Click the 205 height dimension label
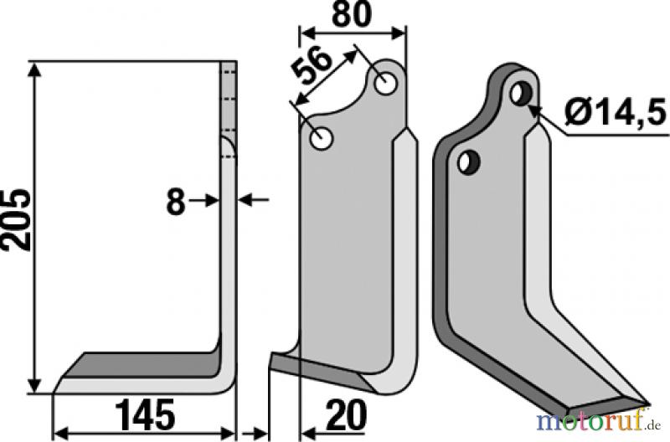[x=16, y=220]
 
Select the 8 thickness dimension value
[x=176, y=202]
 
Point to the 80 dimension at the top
[x=352, y=14]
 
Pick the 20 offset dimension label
[x=346, y=415]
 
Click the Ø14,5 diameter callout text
[x=615, y=111]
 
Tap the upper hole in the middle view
[x=386, y=84]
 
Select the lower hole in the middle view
[x=322, y=139]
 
